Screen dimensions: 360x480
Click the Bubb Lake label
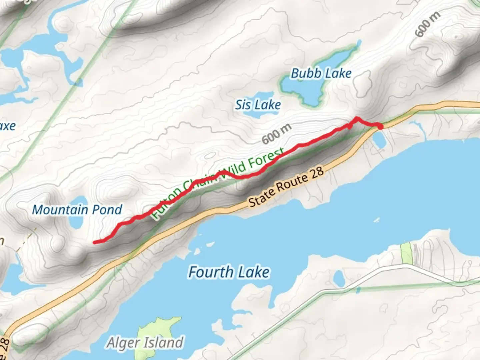click(321, 73)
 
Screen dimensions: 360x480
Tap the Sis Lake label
click(258, 105)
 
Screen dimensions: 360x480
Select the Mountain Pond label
click(77, 210)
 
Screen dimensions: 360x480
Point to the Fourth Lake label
click(229, 272)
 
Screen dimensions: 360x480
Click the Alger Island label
click(145, 343)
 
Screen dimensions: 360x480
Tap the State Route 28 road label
click(286, 187)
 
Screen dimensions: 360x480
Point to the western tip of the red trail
click(95, 242)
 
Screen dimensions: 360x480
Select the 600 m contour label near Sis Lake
click(277, 134)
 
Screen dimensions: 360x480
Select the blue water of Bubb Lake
click(310, 90)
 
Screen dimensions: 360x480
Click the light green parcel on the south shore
click(406, 253)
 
